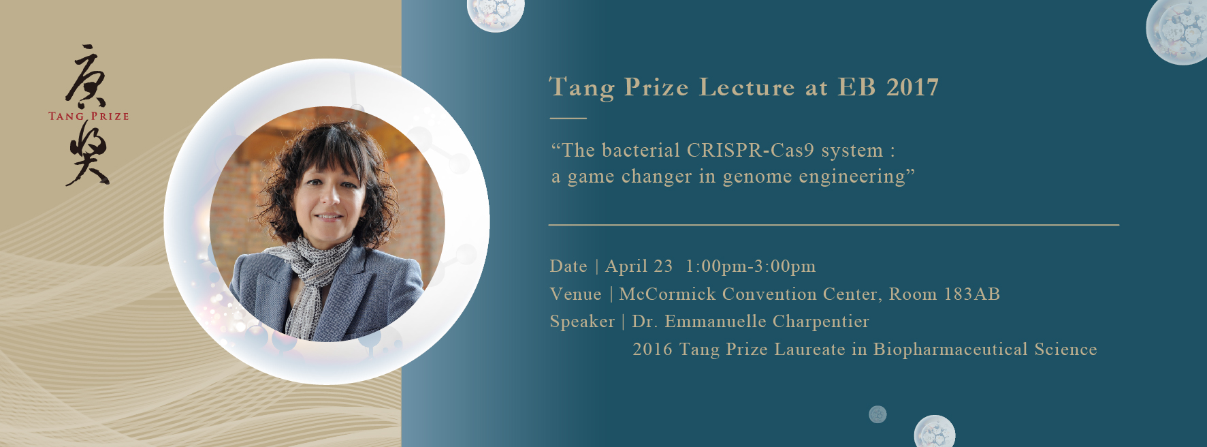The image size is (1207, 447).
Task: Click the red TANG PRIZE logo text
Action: [x=88, y=116]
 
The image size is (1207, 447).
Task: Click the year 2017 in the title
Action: [x=913, y=87]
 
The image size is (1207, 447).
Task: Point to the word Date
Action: [x=568, y=266]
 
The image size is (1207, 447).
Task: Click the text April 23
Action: [x=639, y=266]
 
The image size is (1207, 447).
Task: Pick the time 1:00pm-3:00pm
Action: [x=750, y=266]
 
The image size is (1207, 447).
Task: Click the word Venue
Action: [x=576, y=294]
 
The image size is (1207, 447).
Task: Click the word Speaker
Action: [x=582, y=322]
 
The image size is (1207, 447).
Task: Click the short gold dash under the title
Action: [x=568, y=118]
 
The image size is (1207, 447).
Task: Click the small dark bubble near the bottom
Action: [x=878, y=414]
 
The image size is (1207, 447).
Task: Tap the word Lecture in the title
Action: [x=747, y=87]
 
